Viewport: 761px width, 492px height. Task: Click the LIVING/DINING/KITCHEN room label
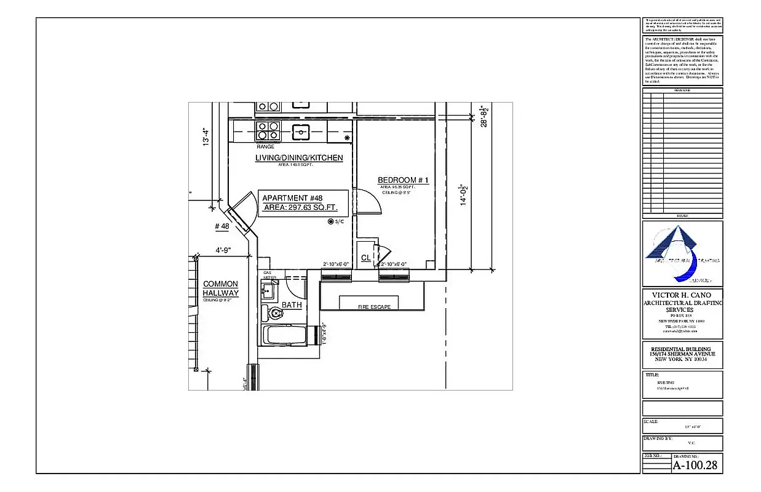(299, 158)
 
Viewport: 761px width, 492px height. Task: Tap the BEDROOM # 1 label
(403, 180)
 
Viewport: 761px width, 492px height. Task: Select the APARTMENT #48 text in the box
(292, 198)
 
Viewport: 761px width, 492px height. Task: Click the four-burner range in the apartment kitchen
(268, 131)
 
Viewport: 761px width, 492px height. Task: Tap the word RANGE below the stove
(265, 147)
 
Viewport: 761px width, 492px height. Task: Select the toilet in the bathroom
(275, 314)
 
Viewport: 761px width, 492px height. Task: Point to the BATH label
(292, 305)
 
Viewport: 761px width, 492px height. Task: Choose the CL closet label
(365, 258)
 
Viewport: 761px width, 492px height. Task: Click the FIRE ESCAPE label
(374, 306)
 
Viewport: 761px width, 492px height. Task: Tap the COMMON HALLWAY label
(220, 288)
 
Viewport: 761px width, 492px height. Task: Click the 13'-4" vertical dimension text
(207, 137)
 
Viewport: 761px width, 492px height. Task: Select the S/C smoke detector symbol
(331, 221)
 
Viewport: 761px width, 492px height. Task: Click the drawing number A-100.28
(695, 466)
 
